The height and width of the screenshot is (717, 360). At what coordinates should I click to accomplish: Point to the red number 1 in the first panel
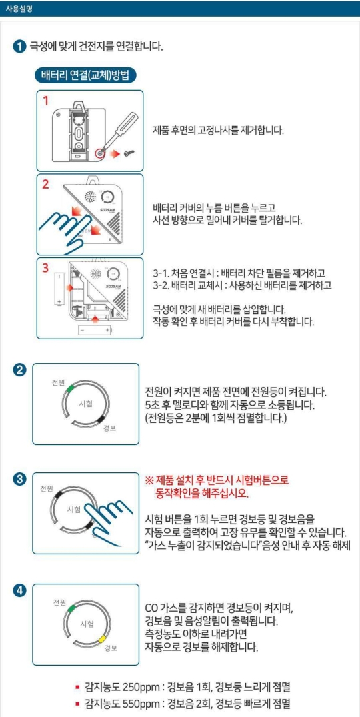click(46, 101)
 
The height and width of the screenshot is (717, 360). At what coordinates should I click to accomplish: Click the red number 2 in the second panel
click(46, 185)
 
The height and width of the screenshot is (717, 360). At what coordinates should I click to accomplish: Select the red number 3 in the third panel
click(46, 268)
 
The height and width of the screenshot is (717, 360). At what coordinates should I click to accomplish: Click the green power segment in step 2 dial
click(70, 386)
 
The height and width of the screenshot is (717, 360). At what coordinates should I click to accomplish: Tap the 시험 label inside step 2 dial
click(85, 404)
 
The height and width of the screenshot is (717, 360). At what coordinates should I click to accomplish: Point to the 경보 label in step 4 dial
click(111, 648)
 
